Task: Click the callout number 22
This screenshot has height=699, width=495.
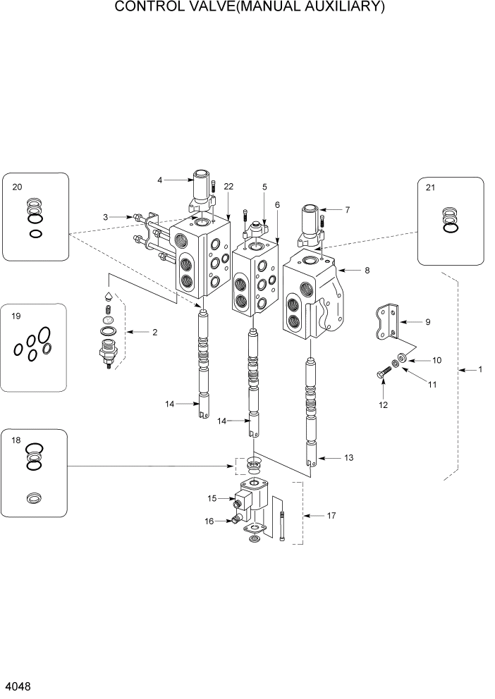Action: (x=228, y=186)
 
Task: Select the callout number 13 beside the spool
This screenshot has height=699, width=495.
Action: (x=348, y=458)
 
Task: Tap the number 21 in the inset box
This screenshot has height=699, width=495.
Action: (x=431, y=187)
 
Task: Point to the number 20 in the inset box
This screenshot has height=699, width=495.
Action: (x=18, y=187)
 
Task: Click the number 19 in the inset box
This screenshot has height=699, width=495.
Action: (x=16, y=317)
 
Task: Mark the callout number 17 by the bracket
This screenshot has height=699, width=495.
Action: (x=331, y=516)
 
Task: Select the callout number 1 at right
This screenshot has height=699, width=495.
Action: (x=480, y=369)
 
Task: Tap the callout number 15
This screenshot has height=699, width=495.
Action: (x=212, y=498)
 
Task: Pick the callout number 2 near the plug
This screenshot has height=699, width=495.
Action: (x=154, y=331)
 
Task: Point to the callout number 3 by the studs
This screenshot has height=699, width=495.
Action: (x=105, y=217)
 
